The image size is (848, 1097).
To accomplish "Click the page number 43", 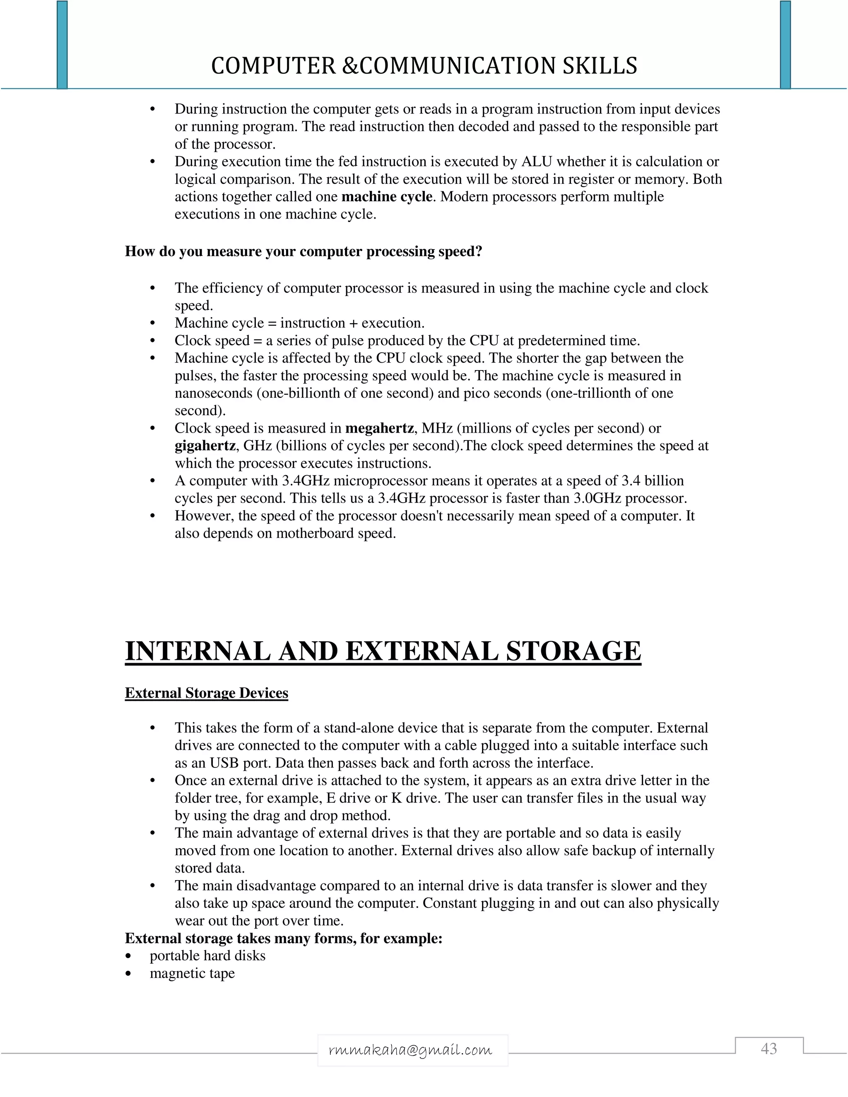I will pos(768,1049).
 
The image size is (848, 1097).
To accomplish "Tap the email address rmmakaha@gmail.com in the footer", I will pos(410,1050).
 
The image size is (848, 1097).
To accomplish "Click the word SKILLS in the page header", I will pos(600,66).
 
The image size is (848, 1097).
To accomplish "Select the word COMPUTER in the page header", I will pos(273,66).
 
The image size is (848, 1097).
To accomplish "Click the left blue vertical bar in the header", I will pos(62,45).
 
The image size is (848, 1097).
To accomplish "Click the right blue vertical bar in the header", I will pos(785,45).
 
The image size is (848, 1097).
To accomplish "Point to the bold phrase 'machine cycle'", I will pos(386,196).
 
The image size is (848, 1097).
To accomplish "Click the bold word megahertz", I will pos(379,428).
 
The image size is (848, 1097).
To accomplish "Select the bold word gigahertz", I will pos(205,445).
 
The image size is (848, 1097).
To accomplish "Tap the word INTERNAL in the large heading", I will pos(198,651).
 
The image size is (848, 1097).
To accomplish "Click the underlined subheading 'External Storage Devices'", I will pos(207,693).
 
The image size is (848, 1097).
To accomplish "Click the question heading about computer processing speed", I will pos(304,251).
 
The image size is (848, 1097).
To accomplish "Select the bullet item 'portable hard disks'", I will pos(207,955).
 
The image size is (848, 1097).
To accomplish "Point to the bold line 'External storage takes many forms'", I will pos(283,938).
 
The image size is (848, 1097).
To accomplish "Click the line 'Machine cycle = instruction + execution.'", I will pos(299,323).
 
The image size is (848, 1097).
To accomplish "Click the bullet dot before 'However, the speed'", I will pos(153,516).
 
